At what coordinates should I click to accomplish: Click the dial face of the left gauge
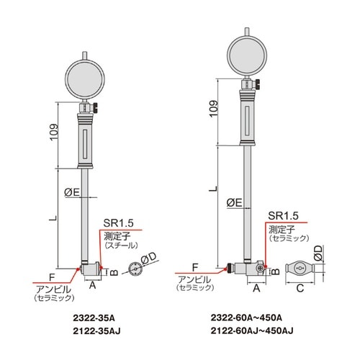[x=85, y=80]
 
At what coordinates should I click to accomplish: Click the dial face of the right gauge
[x=247, y=56]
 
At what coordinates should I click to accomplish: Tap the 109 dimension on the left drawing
[x=54, y=132]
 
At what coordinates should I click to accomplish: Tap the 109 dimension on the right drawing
[x=213, y=109]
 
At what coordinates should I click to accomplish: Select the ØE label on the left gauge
[x=72, y=192]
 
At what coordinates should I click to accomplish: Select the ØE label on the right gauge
[x=235, y=203]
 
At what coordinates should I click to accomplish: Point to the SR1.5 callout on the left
[x=118, y=223]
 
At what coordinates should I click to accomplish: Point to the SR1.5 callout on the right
[x=283, y=216]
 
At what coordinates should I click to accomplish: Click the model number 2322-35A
[x=94, y=318]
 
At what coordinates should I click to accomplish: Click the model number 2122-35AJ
[x=96, y=331]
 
